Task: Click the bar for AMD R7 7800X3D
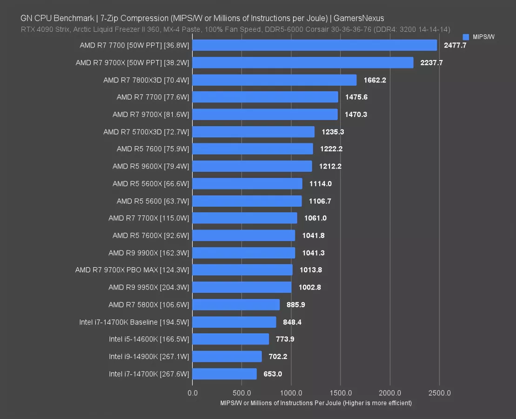pyautogui.click(x=274, y=80)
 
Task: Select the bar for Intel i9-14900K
pyautogui.click(x=227, y=357)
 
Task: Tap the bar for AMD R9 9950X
pyautogui.click(x=241, y=287)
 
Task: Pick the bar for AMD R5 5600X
pyautogui.click(x=247, y=184)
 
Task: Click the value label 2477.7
pyautogui.click(x=455, y=45)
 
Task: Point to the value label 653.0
pyautogui.click(x=273, y=374)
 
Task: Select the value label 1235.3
pyautogui.click(x=332, y=132)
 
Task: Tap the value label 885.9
pyautogui.click(x=296, y=305)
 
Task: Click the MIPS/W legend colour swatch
pyautogui.click(x=466, y=37)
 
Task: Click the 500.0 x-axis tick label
pyautogui.click(x=241, y=393)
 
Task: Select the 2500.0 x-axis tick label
pyautogui.click(x=439, y=393)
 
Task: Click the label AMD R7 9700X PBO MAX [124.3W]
pyautogui.click(x=132, y=270)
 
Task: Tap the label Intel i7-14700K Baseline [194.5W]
pyautogui.click(x=134, y=322)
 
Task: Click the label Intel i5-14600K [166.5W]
pyautogui.click(x=149, y=339)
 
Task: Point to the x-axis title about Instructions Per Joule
pyautogui.click(x=316, y=403)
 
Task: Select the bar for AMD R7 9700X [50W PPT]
pyautogui.click(x=302, y=62)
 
